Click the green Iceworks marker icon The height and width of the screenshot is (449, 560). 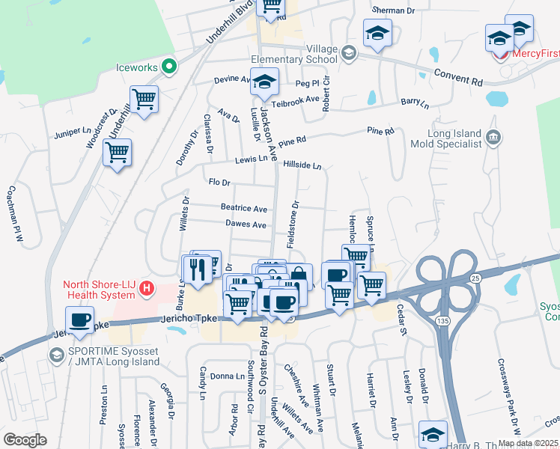tap(170, 67)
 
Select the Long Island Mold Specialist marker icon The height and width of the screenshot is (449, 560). tap(493, 136)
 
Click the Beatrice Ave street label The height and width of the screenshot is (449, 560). tap(243, 208)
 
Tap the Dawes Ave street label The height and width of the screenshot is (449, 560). tap(246, 224)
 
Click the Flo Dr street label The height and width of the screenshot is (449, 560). tap(219, 182)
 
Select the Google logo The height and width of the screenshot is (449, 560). tap(25, 439)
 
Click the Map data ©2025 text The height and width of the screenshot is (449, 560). tap(527, 443)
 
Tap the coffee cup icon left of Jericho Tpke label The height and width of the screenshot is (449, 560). tap(79, 319)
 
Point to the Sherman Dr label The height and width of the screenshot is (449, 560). tap(393, 10)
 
